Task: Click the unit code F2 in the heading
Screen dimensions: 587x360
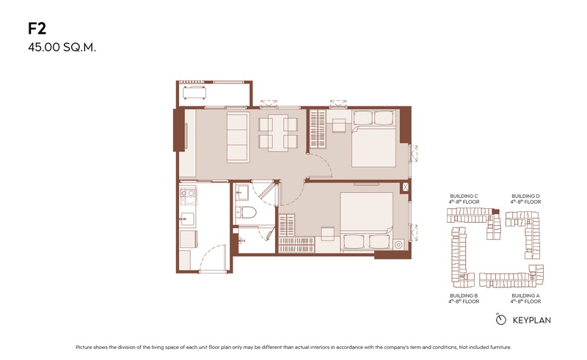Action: [x=37, y=29]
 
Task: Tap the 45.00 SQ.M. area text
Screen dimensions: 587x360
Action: [x=62, y=48]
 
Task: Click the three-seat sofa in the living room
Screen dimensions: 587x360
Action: [x=238, y=137]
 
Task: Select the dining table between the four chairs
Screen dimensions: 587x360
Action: [x=278, y=133]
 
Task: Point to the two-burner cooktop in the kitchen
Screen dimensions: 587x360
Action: [x=188, y=194]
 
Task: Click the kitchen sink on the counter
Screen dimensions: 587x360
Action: [x=187, y=219]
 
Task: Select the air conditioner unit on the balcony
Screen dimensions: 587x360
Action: [x=194, y=92]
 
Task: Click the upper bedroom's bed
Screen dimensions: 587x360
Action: [x=373, y=139]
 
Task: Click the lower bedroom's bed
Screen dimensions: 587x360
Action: [x=366, y=221]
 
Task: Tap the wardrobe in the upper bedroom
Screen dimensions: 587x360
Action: [x=318, y=128]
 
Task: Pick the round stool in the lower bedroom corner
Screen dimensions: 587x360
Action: [x=398, y=245]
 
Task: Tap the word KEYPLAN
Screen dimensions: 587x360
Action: [x=531, y=320]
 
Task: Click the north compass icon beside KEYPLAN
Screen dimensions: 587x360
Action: [x=500, y=319]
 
